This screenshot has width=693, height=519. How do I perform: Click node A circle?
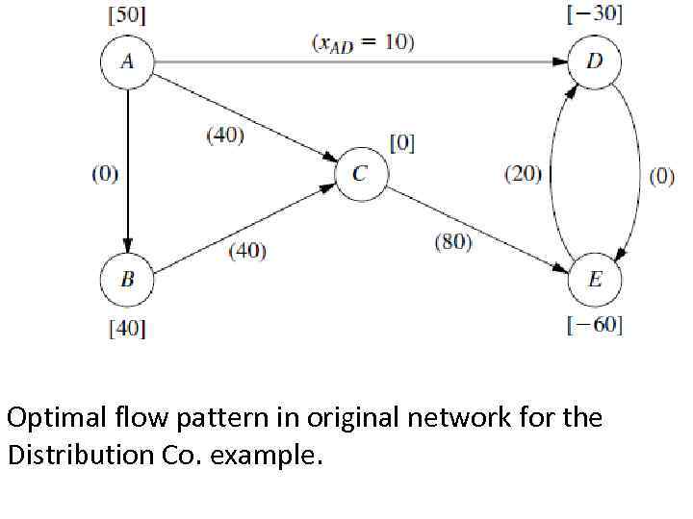pos(127,62)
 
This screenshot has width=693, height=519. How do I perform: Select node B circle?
pos(127,280)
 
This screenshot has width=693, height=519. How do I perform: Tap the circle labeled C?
pos(360,174)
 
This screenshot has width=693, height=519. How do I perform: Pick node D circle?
pos(595,62)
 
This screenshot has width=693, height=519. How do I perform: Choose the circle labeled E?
pos(595,280)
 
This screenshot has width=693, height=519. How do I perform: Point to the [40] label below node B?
pos(127,329)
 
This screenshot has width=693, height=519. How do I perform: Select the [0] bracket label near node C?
pos(401,142)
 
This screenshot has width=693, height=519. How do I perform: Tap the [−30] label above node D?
pos(595,14)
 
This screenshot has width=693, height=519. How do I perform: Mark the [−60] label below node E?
pos(595,325)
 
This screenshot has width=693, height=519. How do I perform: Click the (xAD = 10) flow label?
pos(364,43)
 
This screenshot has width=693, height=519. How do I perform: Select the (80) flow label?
pos(452,242)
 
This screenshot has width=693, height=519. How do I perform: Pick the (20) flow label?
pos(524,174)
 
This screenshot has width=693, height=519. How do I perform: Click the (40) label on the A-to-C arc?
pos(225,136)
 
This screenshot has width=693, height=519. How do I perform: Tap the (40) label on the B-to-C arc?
pos(247,251)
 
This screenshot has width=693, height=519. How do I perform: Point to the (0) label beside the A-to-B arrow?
pos(105,174)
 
